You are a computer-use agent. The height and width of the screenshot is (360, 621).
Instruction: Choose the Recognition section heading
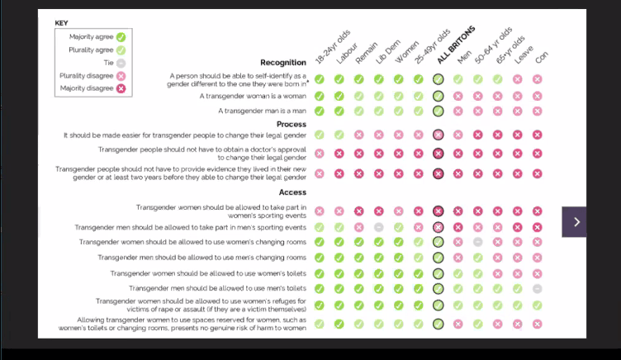click(283, 62)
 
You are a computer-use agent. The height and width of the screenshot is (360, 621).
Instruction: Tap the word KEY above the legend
click(63, 22)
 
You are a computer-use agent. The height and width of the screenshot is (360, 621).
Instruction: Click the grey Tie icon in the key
click(121, 63)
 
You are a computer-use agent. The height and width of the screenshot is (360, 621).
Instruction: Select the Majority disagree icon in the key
click(121, 88)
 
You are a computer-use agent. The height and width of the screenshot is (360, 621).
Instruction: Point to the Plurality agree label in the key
click(91, 50)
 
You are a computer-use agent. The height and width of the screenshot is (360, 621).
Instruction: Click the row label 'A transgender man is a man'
click(263, 111)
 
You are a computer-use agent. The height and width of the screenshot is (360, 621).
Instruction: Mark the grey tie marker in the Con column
click(537, 288)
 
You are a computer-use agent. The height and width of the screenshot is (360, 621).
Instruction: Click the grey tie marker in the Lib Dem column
click(378, 227)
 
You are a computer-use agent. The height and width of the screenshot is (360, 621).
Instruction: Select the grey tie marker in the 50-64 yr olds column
click(477, 242)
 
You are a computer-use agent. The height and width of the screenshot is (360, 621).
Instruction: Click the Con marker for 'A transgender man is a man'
click(537, 111)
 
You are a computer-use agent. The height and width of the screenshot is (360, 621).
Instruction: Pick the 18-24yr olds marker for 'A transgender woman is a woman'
click(319, 96)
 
